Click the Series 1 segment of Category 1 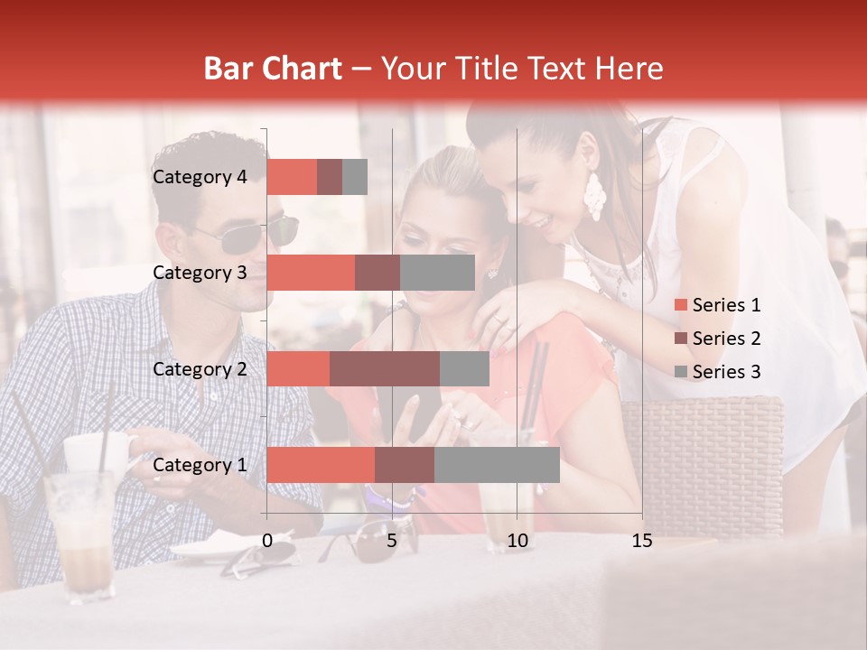(321, 465)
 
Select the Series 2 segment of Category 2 (385, 369)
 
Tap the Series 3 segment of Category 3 (437, 273)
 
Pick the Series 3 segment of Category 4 (355, 177)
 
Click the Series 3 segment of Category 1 (497, 465)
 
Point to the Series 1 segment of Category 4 (292, 177)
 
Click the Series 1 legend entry (718, 305)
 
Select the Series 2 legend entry (718, 339)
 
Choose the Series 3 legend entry (718, 372)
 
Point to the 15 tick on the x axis (642, 541)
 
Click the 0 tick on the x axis (267, 541)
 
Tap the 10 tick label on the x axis (517, 541)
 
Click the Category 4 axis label (200, 177)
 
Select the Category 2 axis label (200, 369)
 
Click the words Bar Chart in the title (273, 68)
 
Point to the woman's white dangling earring (593, 196)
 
